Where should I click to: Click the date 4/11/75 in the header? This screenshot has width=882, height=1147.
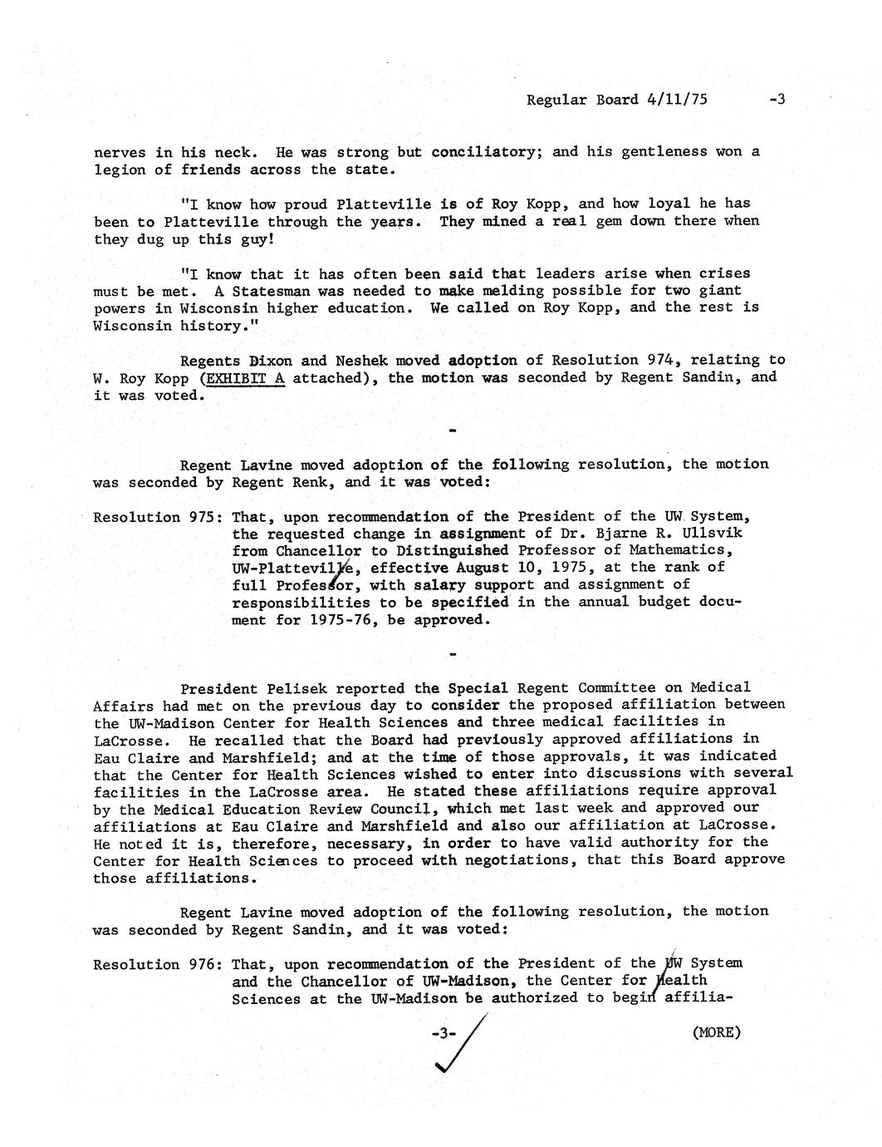point(676,100)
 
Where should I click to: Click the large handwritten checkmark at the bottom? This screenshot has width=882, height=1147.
point(455,1049)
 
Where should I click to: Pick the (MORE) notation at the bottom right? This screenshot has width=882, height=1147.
point(715,1032)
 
